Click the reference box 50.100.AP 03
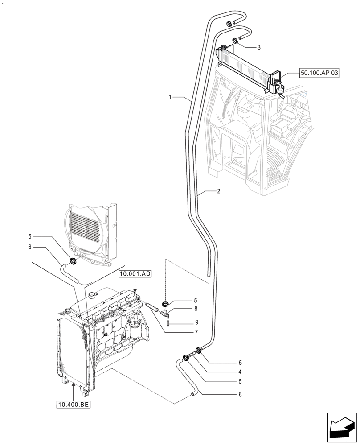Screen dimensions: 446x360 click(319, 74)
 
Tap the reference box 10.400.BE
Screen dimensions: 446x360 click(73, 405)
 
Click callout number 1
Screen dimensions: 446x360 click(170, 97)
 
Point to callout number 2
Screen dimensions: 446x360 click(219, 191)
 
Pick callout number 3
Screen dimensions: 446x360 click(258, 47)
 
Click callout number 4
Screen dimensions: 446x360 click(240, 372)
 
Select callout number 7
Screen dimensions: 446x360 click(184, 333)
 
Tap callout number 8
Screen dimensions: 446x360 click(184, 308)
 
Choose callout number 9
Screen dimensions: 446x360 click(184, 322)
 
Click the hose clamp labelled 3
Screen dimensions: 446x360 click(235, 42)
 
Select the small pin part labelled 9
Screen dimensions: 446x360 click(168, 322)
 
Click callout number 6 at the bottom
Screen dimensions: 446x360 click(240, 394)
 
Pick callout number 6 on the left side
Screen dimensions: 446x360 click(30, 247)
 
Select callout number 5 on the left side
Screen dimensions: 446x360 click(30, 236)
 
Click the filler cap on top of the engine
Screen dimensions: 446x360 click(92, 294)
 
